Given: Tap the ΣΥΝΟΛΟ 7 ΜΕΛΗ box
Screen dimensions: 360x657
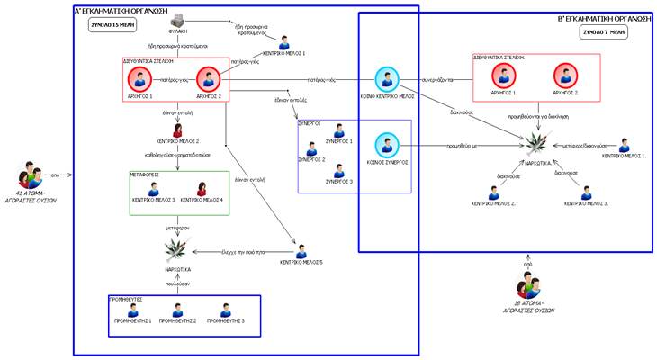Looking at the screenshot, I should tap(604, 31).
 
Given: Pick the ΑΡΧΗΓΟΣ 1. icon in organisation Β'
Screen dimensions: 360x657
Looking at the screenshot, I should tap(504, 75).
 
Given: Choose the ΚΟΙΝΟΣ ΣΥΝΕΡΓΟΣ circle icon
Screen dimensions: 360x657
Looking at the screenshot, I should tap(386, 144).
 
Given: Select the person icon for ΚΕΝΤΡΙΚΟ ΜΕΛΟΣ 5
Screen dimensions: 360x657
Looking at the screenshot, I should tap(301, 250).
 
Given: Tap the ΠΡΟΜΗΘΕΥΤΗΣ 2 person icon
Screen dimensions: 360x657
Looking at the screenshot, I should tap(179, 308).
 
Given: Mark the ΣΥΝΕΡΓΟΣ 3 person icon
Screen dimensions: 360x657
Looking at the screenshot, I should tap(338, 170).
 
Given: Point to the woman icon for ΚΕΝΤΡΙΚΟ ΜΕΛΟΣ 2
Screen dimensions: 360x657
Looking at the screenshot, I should tap(177, 130).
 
